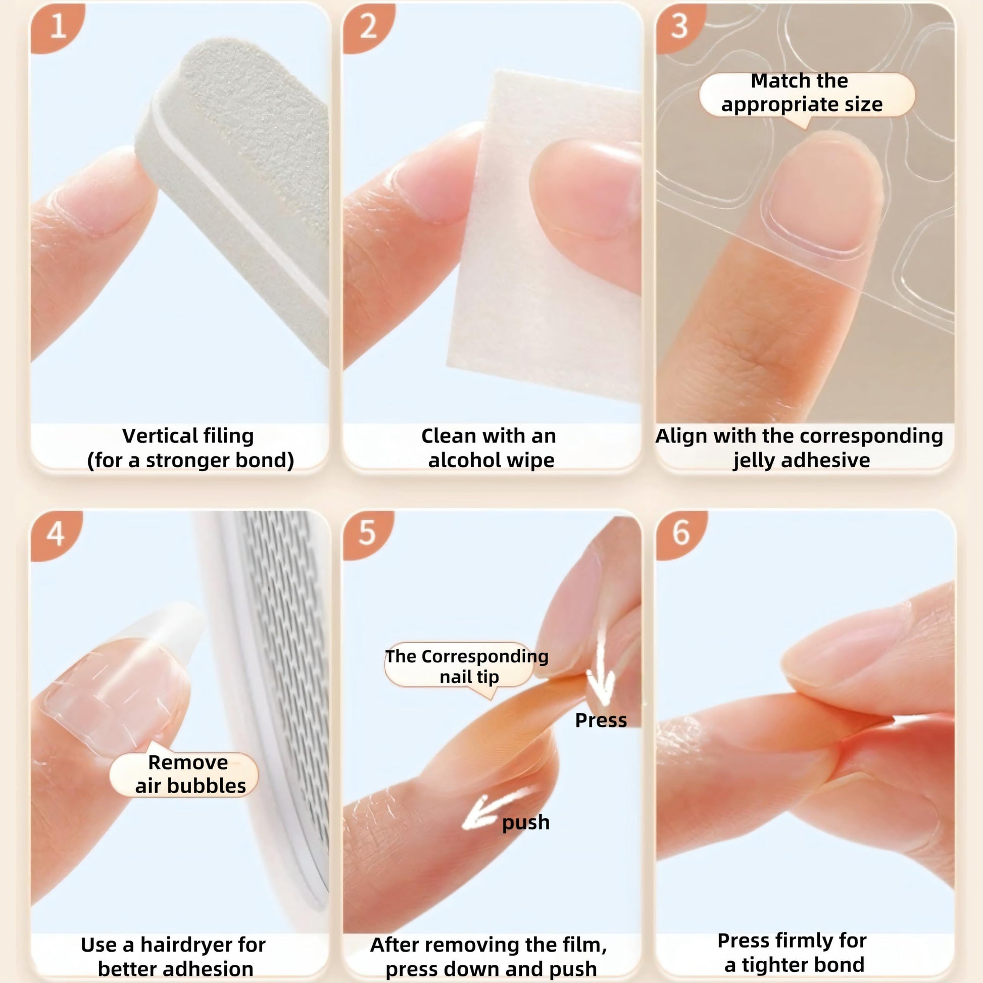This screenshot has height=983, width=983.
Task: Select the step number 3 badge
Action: pos(680,26)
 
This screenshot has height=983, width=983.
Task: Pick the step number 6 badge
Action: pos(681,534)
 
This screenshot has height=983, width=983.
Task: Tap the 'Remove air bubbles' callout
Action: pos(184,773)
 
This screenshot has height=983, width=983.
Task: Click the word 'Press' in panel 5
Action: pos(601,720)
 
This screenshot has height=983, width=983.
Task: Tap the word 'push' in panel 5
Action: pos(525,823)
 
